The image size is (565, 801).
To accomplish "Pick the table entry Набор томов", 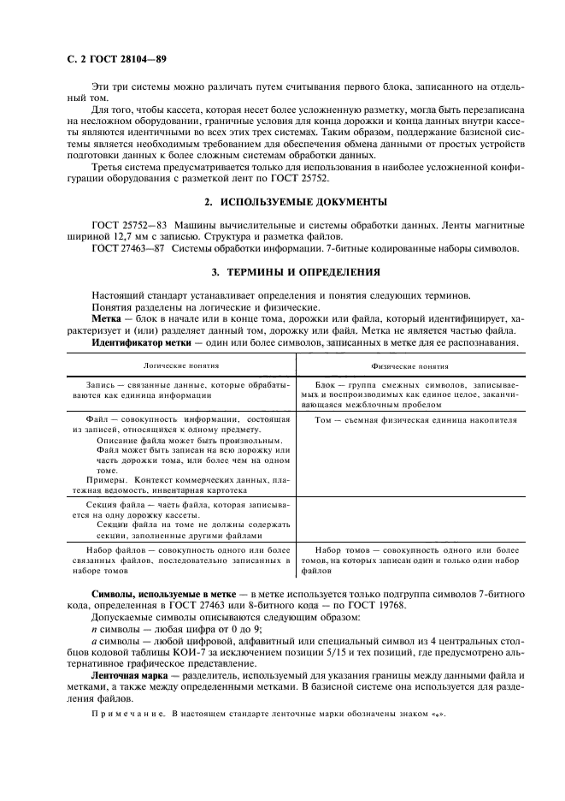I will (x=342, y=549).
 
